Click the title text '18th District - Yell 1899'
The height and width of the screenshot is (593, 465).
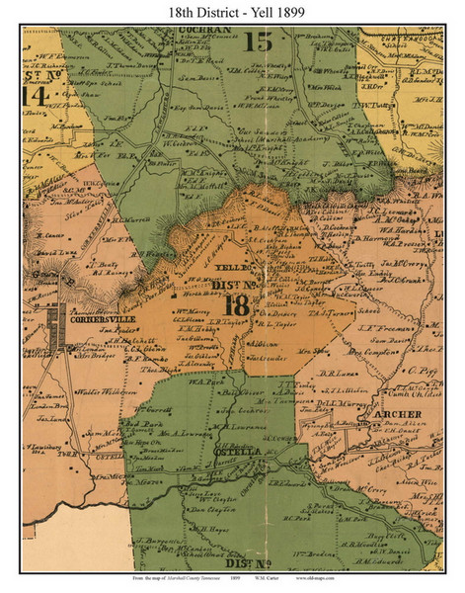tap(232, 11)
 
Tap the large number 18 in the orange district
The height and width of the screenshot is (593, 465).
tap(238, 306)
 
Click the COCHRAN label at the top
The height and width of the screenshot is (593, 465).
tap(205, 31)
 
